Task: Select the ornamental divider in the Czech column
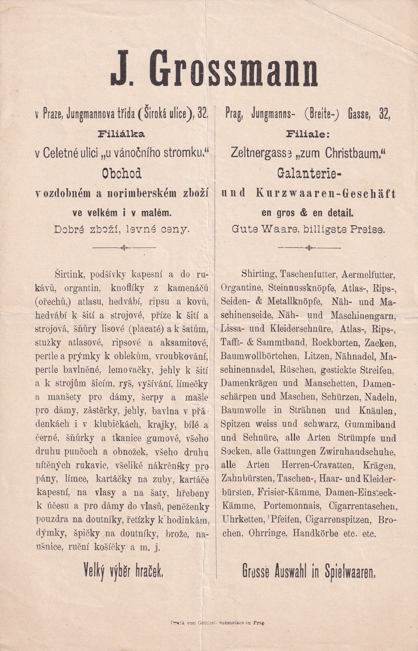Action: pyautogui.click(x=124, y=247)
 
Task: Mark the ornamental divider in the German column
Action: pyautogui.click(x=309, y=247)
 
